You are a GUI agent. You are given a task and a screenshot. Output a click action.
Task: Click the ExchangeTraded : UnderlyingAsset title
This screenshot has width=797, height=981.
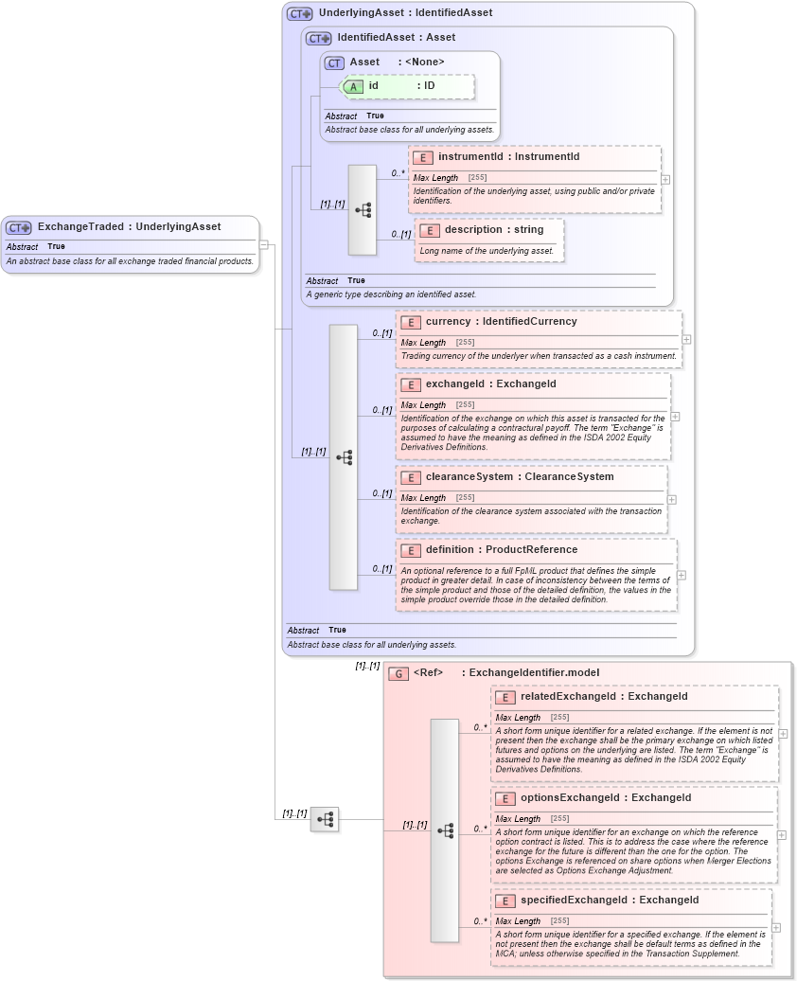coord(129,227)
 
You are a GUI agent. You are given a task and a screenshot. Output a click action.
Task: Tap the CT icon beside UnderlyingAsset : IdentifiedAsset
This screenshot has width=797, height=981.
coord(300,14)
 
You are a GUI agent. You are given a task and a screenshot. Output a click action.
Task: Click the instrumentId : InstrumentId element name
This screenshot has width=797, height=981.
coord(508,156)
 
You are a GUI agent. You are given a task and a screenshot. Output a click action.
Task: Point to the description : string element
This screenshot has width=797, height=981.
coord(494,230)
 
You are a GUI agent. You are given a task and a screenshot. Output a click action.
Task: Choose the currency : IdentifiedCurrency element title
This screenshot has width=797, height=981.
coord(501,322)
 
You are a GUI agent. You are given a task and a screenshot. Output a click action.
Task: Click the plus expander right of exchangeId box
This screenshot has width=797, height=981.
coord(675,416)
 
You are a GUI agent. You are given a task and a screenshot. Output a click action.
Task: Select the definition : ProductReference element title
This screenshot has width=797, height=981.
coord(501,550)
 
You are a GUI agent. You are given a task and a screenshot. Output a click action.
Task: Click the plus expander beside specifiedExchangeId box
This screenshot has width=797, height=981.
coord(776,928)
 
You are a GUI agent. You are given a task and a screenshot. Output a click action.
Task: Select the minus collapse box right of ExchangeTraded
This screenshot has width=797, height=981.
coord(264,244)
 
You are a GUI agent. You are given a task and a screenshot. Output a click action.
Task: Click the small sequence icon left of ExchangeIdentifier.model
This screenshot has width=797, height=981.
coord(325,819)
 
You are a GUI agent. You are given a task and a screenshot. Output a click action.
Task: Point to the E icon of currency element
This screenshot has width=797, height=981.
coord(411,322)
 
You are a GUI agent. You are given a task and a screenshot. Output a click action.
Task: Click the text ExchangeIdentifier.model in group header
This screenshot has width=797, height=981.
coord(534,673)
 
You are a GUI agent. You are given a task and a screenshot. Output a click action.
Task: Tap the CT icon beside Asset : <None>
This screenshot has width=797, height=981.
coord(334,62)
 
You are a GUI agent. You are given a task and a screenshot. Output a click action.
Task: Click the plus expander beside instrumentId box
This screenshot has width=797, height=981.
coord(665,178)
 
